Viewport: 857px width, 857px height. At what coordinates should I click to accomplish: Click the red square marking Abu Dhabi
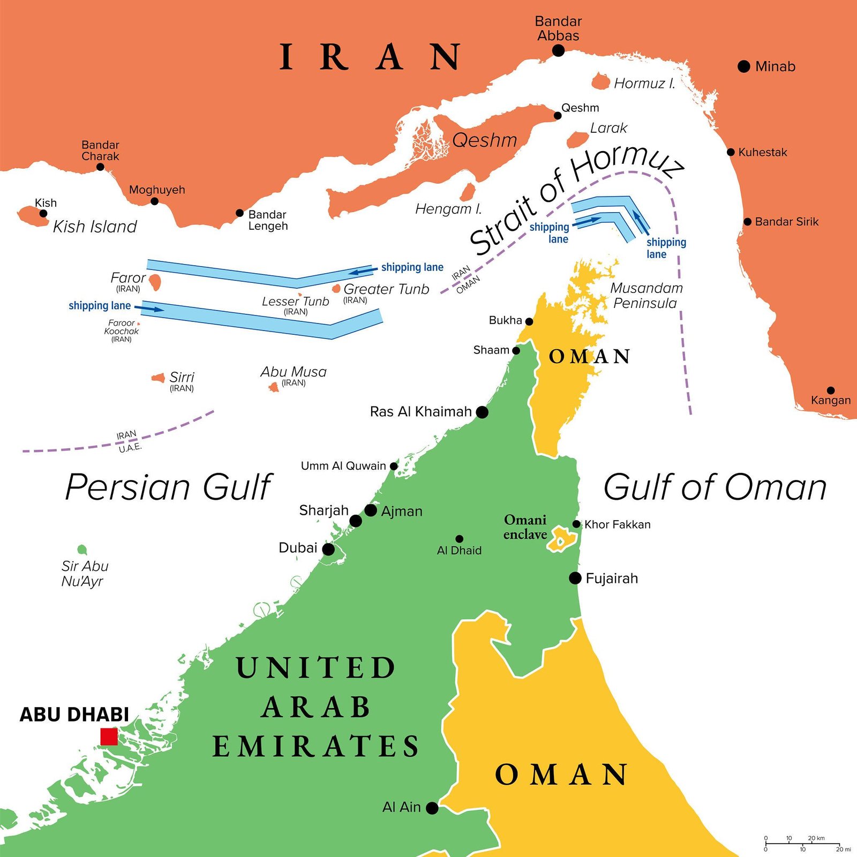pos(109,736)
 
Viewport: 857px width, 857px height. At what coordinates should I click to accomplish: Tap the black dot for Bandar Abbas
pos(558,50)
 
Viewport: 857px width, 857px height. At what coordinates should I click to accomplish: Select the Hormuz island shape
pos(600,82)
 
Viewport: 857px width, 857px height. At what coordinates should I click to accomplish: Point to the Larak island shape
pos(577,140)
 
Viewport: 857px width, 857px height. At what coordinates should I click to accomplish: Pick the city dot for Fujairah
pos(575,578)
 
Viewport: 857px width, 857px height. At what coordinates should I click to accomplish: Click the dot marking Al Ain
pos(432,808)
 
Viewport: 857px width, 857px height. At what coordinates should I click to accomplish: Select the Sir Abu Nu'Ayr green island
pos(82,550)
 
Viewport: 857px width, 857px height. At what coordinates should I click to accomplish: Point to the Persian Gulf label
pos(169,487)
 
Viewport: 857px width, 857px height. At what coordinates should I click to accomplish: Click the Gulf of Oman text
pos(715,487)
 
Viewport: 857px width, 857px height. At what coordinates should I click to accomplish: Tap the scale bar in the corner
pos(802,844)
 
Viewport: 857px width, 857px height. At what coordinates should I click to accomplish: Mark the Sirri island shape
pos(159,378)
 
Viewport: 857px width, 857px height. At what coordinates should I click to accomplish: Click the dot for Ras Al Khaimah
pos(482,412)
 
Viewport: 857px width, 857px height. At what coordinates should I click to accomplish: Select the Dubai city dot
pos(328,549)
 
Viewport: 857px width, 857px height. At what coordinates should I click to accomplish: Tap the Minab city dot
pos(743,66)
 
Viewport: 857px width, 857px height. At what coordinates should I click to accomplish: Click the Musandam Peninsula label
pos(646,296)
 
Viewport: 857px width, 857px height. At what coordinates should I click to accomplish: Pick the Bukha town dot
pos(529,321)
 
